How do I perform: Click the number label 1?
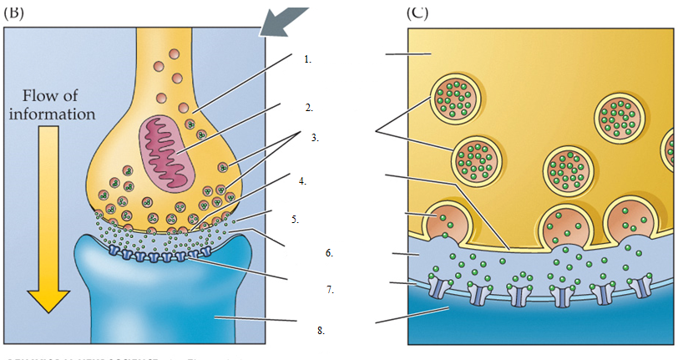click(307, 59)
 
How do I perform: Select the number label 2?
click(308, 108)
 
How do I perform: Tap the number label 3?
click(315, 138)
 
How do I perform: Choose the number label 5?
click(295, 220)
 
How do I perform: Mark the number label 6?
click(329, 251)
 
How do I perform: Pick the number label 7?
click(330, 290)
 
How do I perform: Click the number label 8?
click(320, 331)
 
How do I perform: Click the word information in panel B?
click(52, 113)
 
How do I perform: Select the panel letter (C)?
click(418, 12)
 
